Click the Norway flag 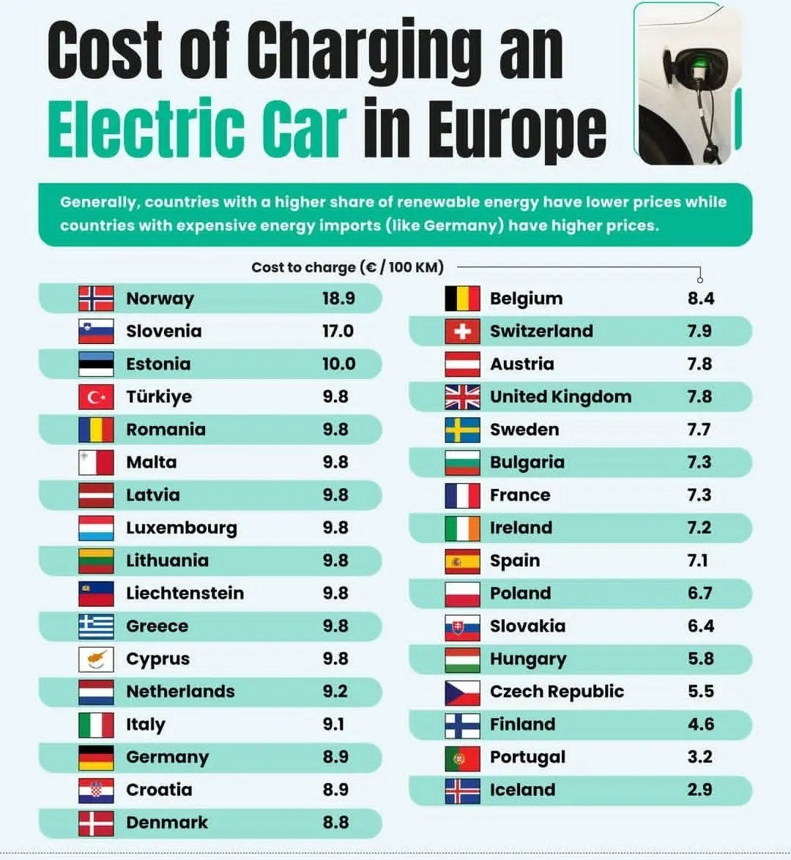[96, 299]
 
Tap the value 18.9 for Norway [338, 299]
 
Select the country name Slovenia [163, 332]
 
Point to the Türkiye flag [96, 397]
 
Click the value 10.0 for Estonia [338, 364]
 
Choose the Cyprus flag [96, 659]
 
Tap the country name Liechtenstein [185, 593]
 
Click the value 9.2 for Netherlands [335, 691]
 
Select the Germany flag [96, 757]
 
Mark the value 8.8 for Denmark [335, 822]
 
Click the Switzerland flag [462, 332]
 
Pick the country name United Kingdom [560, 397]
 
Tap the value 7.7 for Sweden [699, 430]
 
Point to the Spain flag [462, 561]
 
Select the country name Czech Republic [557, 692]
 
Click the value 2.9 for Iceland [700, 790]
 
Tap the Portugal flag [462, 757]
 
